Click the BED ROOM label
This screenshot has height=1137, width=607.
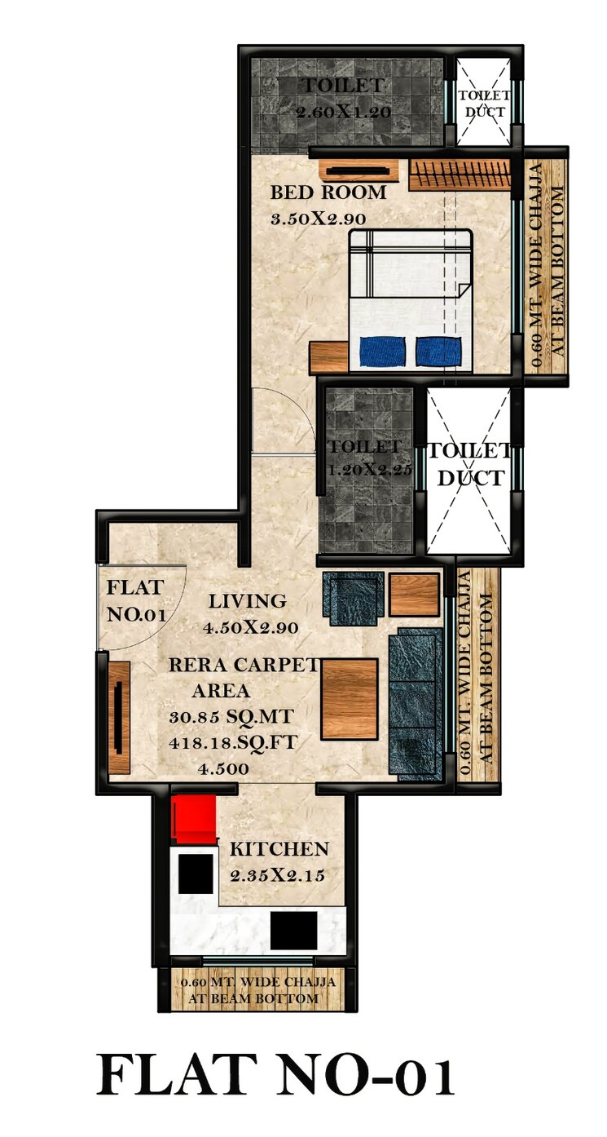point(328,192)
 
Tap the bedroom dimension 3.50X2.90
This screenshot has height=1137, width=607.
point(318,219)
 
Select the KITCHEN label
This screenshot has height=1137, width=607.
point(279,849)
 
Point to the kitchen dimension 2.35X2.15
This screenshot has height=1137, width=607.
point(277,876)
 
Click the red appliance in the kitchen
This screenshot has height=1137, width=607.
point(195,819)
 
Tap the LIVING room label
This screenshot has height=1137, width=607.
point(247,602)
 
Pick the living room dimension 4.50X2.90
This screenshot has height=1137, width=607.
point(252,628)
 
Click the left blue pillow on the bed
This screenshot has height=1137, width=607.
point(383,351)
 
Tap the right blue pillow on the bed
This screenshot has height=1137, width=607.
point(439,351)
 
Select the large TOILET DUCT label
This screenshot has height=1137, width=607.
point(470,464)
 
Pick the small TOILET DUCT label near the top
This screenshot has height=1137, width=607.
point(484,104)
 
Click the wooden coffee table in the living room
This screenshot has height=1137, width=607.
point(350,699)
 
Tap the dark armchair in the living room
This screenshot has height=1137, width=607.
point(353,597)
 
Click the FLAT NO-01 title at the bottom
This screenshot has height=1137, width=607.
point(275,1074)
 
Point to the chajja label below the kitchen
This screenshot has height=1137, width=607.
point(257,990)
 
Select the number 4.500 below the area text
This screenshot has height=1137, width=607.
point(224,768)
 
